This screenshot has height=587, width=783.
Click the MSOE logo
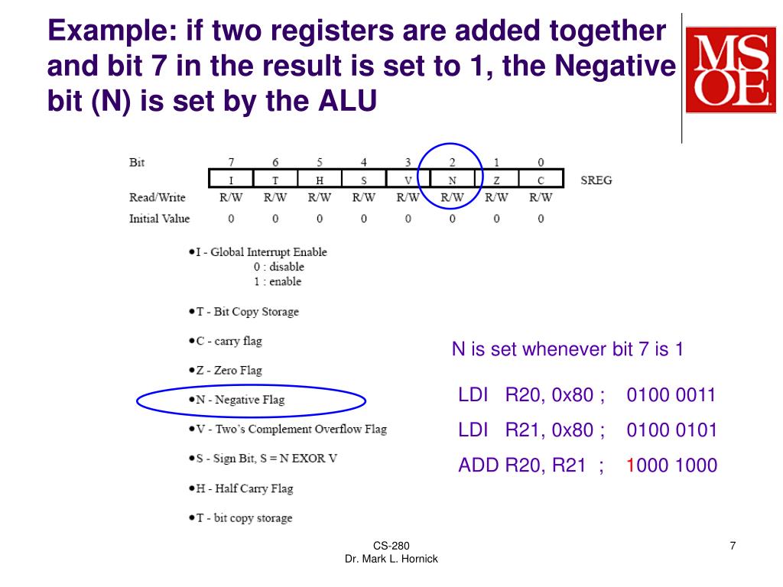[x=730, y=70]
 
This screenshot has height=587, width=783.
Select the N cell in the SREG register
[x=452, y=180]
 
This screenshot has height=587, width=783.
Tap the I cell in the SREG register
[x=231, y=180]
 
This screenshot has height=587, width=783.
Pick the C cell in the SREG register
[x=541, y=180]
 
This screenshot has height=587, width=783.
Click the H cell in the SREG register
[x=320, y=180]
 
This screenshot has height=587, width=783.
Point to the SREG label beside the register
[x=596, y=180]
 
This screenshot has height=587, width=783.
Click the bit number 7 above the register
[x=231, y=162]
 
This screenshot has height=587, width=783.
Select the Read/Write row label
[x=158, y=197]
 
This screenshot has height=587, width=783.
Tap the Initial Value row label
[x=159, y=219]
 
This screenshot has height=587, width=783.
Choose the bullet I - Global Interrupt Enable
[x=261, y=251]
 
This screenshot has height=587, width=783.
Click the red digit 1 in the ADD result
[x=630, y=465]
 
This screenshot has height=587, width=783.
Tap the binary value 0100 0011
[x=671, y=395]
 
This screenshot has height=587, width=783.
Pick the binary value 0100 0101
[x=671, y=430]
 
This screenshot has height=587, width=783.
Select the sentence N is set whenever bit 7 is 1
[x=567, y=350]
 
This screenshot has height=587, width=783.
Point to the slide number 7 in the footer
[x=733, y=545]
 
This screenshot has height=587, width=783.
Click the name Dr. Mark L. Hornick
[x=391, y=559]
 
